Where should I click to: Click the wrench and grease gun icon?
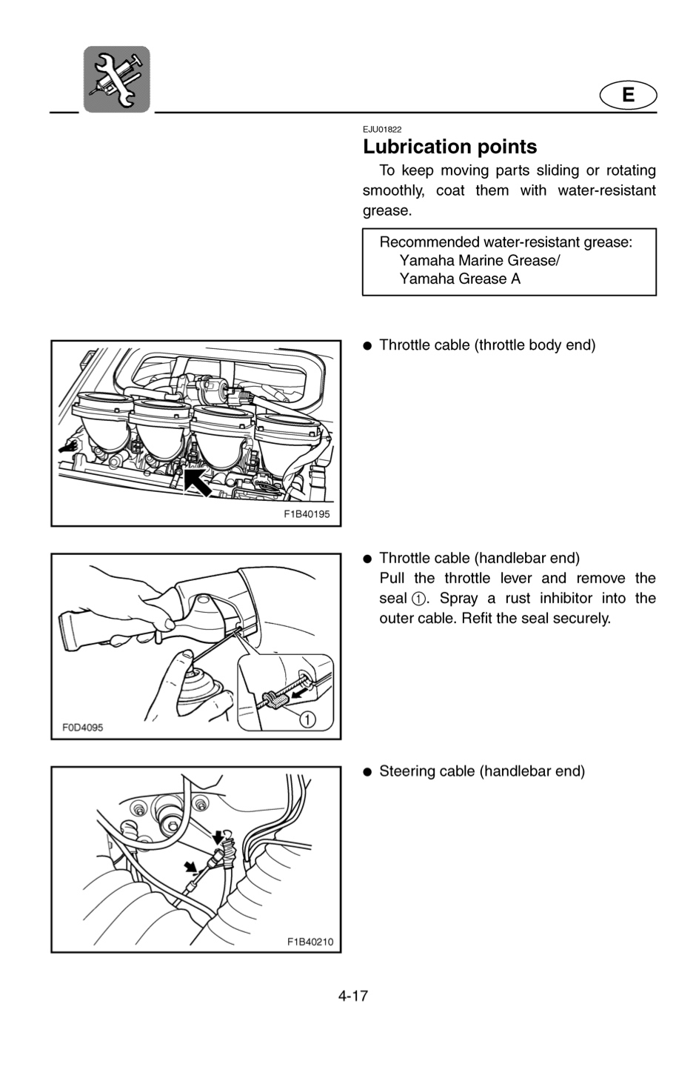pos(117,79)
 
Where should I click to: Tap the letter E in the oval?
pos(628,96)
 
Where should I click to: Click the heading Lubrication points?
pos(450,147)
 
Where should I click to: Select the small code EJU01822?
pos(382,130)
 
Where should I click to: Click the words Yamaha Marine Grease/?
pos(479,261)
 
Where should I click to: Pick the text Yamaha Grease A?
pos(460,279)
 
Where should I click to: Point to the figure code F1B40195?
pos(307,514)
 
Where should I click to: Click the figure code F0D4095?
pos(82,728)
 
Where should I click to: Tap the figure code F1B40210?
pos(310,942)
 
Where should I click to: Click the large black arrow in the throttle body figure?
pos(197,482)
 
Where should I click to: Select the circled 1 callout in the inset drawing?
pos(307,719)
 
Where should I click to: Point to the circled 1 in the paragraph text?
pos(418,599)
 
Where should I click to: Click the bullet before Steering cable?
pos(367,772)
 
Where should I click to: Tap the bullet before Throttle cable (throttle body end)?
pos(367,346)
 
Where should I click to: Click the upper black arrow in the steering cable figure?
pos(218,837)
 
